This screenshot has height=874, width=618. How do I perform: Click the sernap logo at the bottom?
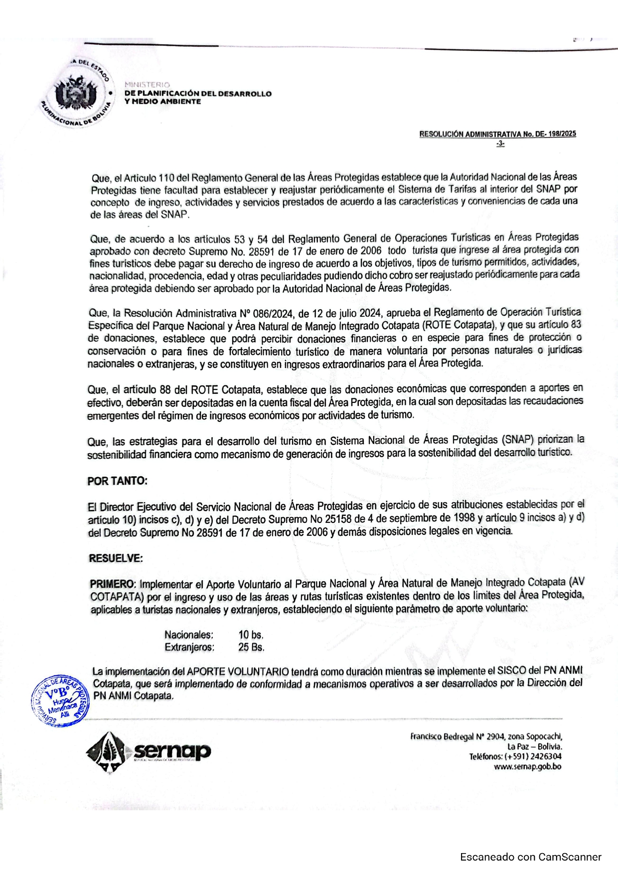point(149,751)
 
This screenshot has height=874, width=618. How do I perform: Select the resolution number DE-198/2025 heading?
point(497,134)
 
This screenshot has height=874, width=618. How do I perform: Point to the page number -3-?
point(500,144)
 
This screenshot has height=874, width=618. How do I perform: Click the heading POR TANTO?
point(117,481)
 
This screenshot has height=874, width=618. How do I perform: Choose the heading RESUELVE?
point(116,558)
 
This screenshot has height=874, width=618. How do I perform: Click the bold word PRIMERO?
point(112,584)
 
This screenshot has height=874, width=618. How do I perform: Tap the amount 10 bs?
point(251,635)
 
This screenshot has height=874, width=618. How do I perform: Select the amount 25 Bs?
point(251,647)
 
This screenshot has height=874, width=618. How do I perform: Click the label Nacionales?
point(189,635)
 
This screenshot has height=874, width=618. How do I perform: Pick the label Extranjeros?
point(189,647)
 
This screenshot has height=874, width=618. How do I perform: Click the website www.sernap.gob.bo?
point(527,766)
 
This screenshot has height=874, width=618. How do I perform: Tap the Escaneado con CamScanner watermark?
point(530,857)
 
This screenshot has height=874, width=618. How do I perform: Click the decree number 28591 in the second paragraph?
point(265,251)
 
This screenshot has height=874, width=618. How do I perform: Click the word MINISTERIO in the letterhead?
point(147,85)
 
